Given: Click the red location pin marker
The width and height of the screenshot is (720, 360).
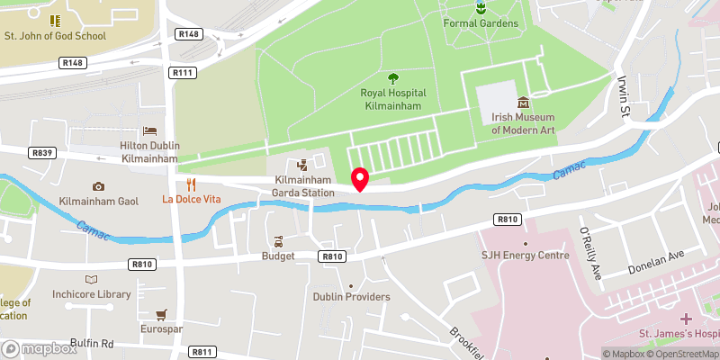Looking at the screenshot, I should (x=359, y=178).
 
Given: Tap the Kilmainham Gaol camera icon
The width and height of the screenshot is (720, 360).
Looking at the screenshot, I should (x=97, y=186).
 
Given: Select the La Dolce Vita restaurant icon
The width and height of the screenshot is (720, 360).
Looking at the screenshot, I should (x=190, y=184).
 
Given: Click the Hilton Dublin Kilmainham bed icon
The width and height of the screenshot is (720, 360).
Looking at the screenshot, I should (x=149, y=131).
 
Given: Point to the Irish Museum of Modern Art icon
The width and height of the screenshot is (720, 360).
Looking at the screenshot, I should (x=523, y=103).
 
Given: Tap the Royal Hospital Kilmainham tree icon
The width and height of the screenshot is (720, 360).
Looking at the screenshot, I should (x=393, y=78).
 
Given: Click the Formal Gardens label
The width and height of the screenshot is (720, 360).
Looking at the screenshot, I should (x=481, y=22).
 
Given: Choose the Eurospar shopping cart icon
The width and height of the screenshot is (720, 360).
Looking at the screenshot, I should (x=161, y=315).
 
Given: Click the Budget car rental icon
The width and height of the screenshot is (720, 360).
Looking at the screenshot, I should (x=278, y=242).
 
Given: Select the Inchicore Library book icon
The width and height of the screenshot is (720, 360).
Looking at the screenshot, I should (x=90, y=280).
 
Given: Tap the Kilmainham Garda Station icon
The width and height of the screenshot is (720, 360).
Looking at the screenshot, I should (x=302, y=165).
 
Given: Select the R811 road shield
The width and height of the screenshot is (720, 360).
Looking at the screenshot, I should (x=202, y=351).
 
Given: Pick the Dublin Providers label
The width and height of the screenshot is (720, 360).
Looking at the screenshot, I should (x=351, y=297).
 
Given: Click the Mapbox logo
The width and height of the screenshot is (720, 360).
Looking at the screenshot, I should (x=39, y=347).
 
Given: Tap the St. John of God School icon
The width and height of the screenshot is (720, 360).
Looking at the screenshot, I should (x=55, y=20).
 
